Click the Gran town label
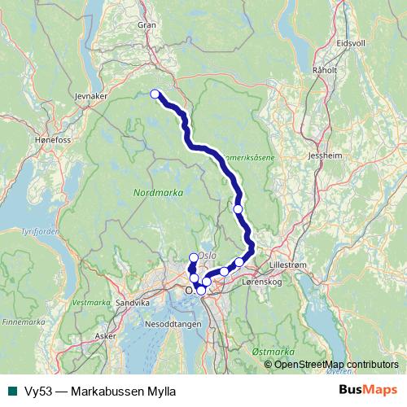pos(147,25)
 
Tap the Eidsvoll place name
pos(351,42)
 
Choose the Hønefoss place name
pos(32,139)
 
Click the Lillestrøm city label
pos(291,265)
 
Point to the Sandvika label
pos(134,302)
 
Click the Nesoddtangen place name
pos(176,323)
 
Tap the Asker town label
pos(105,335)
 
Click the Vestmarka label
pos(90,302)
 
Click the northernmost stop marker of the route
pos(155,94)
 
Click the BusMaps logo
pos(368,390)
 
